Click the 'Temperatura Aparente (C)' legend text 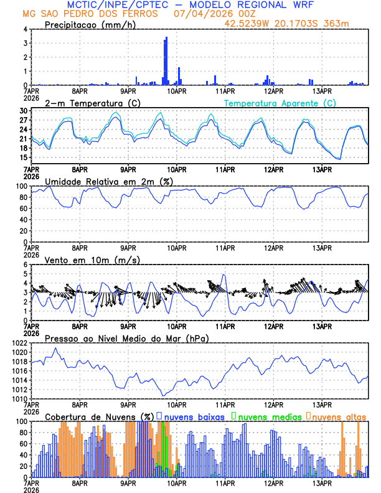tap(280, 103)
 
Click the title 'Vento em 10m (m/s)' tap(83, 260)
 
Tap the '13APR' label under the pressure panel tap(321, 404)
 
